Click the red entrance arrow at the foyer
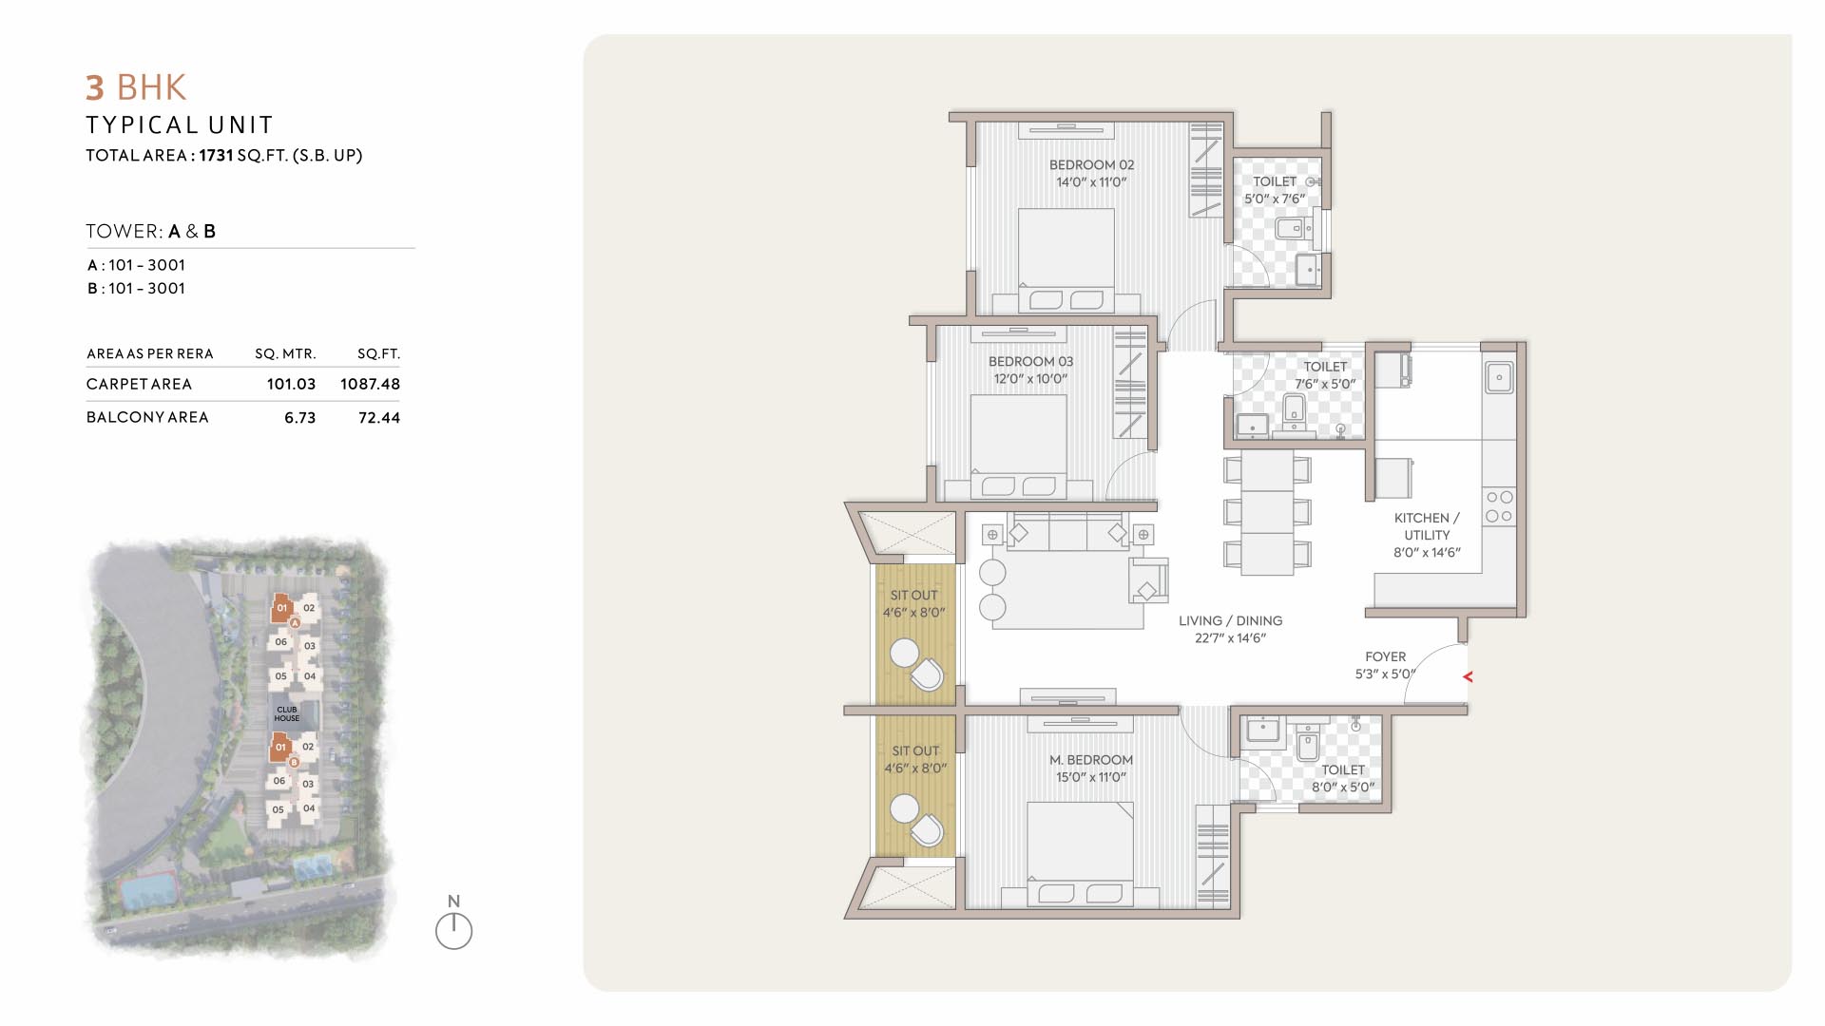click(x=1468, y=676)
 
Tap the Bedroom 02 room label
click(x=1091, y=164)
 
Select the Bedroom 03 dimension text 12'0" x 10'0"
click(x=1030, y=379)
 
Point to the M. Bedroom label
click(x=1091, y=760)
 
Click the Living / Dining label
click(x=1231, y=620)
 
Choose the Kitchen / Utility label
click(x=1427, y=526)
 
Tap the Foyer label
click(x=1385, y=656)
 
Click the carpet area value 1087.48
click(x=370, y=384)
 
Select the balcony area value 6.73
click(x=299, y=418)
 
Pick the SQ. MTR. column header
click(x=285, y=353)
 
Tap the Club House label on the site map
click(x=286, y=713)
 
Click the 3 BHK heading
click(x=136, y=87)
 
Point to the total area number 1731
click(x=216, y=155)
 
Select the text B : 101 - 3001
click(x=136, y=289)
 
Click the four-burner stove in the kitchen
click(x=1499, y=506)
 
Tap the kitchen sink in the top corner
click(x=1499, y=377)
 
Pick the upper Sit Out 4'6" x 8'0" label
click(x=914, y=604)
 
